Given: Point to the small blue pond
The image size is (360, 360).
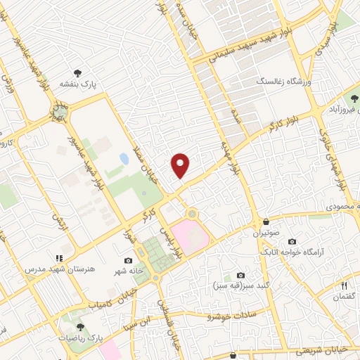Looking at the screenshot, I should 124,159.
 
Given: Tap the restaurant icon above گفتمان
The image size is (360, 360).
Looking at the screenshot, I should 345,285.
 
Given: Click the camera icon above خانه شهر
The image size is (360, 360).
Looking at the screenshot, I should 128,260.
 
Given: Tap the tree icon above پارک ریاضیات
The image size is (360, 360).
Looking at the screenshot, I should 79,326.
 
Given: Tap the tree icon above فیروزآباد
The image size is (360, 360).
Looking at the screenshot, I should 354,98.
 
